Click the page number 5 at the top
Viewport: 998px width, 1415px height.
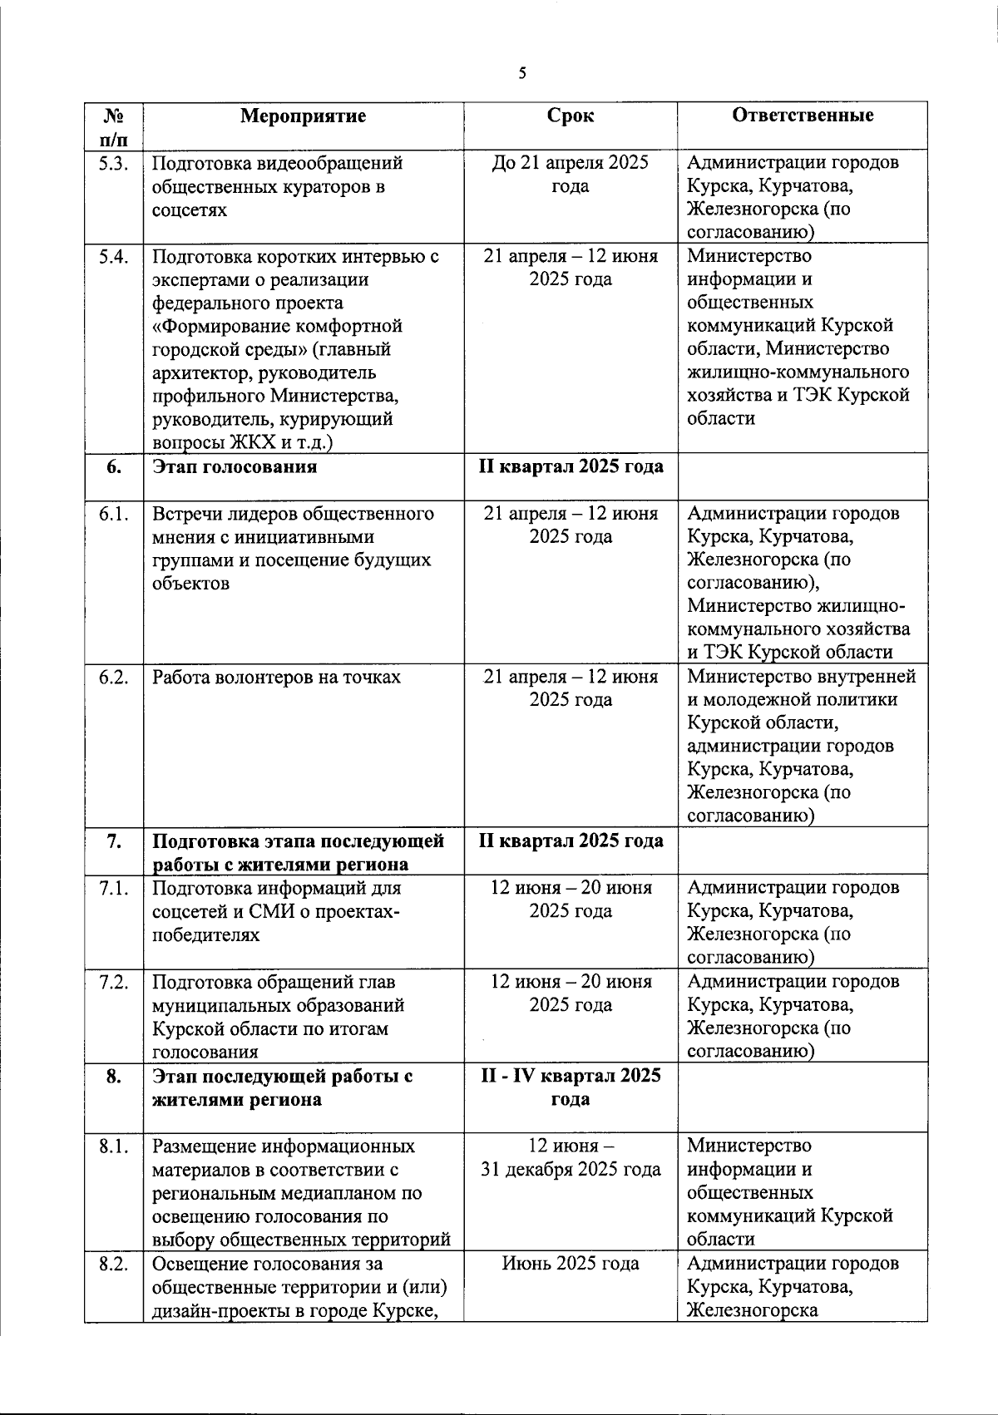point(522,73)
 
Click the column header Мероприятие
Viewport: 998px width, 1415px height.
point(303,116)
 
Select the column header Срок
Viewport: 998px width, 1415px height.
point(571,116)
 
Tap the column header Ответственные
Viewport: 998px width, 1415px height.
point(803,116)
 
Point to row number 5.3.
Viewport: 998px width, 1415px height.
point(113,163)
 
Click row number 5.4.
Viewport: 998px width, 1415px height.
point(113,256)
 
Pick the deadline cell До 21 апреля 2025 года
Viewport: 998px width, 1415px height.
point(571,175)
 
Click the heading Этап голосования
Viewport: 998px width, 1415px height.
point(235,466)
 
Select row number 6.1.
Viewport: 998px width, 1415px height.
point(113,514)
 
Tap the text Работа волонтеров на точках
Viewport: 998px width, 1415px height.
point(276,678)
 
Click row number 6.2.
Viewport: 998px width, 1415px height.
point(113,678)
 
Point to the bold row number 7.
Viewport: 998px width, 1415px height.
point(114,841)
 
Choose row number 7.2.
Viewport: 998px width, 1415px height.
point(113,982)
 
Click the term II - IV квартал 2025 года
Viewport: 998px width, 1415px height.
point(571,1087)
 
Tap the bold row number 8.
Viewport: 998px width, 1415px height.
point(114,1077)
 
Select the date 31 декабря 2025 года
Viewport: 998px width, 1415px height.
point(571,1170)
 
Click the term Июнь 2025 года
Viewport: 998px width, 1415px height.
point(571,1264)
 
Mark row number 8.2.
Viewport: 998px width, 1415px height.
point(113,1265)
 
